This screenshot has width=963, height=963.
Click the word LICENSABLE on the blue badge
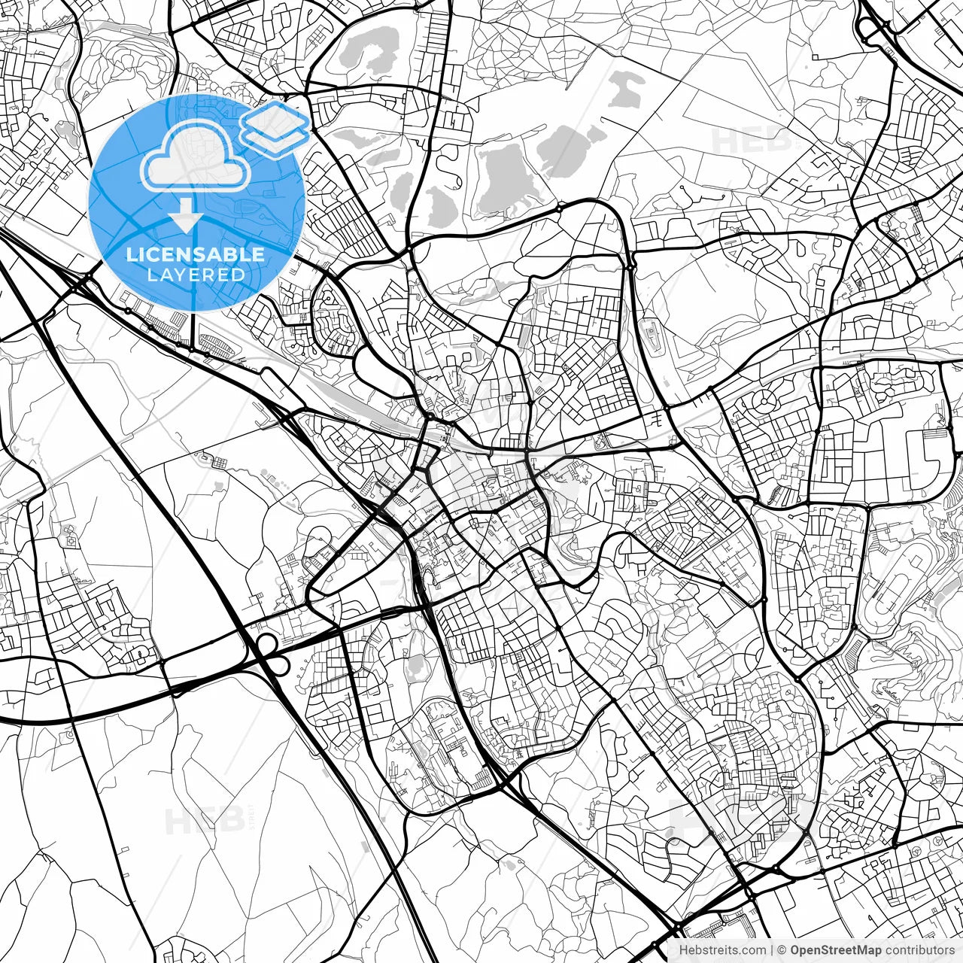coord(196,254)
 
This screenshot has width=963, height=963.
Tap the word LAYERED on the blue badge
coord(196,275)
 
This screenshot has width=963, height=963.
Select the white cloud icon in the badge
coord(196,156)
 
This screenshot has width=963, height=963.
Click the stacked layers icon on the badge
coord(275,129)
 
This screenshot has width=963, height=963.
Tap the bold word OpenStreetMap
coord(836,950)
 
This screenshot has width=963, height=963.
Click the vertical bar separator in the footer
coord(772,950)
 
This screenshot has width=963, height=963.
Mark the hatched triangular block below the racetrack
coord(852,652)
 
